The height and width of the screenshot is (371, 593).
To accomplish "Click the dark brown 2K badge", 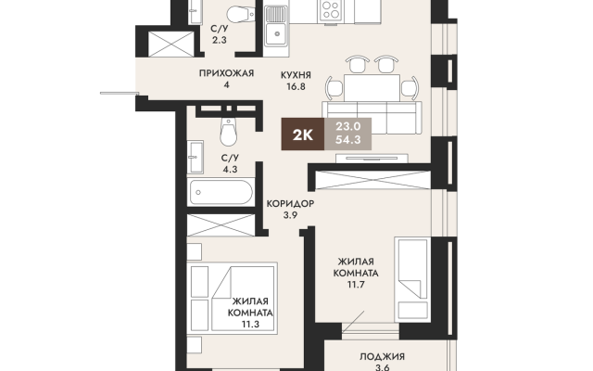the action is pos(303,134).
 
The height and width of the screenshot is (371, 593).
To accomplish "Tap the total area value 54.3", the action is pos(348,140).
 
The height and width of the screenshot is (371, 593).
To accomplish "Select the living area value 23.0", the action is pos(348,126).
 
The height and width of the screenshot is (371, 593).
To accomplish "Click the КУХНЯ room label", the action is pos(296,75).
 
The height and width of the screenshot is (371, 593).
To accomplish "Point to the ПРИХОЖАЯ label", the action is pos(226,73).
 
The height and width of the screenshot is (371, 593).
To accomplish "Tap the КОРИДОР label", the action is pos(290,204).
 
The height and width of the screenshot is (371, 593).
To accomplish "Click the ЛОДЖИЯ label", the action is pos(382,356).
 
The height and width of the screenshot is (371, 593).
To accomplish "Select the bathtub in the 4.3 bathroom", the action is pos(221,192).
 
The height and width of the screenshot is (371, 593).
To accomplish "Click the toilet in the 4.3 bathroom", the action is pos(229,132).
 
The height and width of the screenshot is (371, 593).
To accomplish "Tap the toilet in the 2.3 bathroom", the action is pos(241,15).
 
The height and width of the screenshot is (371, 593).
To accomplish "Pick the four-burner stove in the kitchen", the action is pos(331,10).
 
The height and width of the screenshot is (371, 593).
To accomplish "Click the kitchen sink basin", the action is pos(277,34).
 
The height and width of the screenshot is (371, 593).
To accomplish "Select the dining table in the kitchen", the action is pos(372,87).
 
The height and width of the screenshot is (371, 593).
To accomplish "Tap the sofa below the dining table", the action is pos(372,118).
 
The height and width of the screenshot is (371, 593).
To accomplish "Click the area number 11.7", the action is pos(356,285).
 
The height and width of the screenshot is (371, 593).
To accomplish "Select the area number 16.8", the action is pos(296,86).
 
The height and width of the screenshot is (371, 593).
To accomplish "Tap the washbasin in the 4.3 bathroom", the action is pos(196,157).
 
